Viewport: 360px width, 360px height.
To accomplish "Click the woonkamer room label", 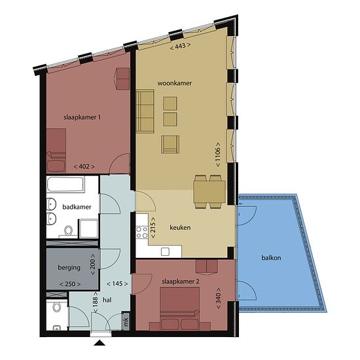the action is click(x=174, y=83).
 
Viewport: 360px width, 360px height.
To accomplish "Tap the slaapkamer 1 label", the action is click(x=82, y=118).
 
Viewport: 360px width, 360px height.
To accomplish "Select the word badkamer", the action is click(x=77, y=207).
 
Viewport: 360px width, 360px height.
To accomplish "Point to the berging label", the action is click(x=69, y=268).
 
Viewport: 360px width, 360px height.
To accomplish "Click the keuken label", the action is click(x=180, y=228).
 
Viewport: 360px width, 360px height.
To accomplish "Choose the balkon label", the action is click(x=271, y=258).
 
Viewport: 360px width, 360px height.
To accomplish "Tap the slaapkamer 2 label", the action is click(x=181, y=281).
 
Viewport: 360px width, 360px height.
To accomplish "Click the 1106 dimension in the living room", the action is click(x=218, y=154).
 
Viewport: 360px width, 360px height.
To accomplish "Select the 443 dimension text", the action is click(x=180, y=46).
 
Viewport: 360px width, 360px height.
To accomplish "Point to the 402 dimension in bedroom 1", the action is click(x=84, y=166).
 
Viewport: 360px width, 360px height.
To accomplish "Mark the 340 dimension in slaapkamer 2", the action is click(x=219, y=298).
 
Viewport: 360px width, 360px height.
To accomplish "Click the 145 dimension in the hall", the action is click(x=117, y=284).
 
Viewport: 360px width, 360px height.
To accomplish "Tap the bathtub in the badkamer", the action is click(x=65, y=185).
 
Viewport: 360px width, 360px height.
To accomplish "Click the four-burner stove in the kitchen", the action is click(x=141, y=232).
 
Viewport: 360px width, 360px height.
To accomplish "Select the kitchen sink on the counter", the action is click(x=165, y=251).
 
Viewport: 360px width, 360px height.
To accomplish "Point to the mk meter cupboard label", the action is click(x=126, y=321).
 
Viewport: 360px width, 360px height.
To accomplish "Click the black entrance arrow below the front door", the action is click(x=99, y=343).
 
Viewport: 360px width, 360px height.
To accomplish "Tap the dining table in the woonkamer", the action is click(x=209, y=192).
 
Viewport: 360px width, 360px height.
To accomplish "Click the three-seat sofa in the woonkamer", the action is click(x=145, y=111).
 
